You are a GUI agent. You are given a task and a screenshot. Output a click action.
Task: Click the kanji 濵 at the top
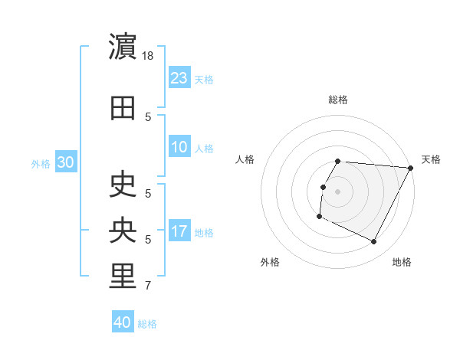tap(123, 47)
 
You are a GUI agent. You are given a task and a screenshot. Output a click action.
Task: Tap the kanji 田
tap(123, 108)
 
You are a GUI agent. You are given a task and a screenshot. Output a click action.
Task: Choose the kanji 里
tap(123, 277)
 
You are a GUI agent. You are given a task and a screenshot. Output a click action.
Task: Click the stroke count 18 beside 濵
tap(149, 57)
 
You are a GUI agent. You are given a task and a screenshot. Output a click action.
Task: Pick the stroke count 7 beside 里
tap(148, 286)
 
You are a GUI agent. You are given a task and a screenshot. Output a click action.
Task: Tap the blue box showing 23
tap(179, 77)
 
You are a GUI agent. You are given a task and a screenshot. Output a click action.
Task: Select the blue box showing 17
tap(179, 231)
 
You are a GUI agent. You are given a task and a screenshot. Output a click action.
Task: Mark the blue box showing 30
tap(65, 162)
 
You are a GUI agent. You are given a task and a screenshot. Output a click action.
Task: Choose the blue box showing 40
tap(123, 322)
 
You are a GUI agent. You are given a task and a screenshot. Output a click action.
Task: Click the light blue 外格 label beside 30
tap(41, 163)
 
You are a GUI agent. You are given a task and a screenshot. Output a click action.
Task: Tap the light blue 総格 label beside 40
tap(147, 324)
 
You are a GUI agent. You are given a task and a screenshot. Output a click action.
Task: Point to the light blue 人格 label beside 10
tap(204, 148)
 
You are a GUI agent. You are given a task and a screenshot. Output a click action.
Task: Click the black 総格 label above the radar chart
tap(338, 100)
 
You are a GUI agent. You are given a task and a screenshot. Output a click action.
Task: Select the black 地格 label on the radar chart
tap(402, 263)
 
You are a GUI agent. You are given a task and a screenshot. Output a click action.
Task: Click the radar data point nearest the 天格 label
tap(411, 168)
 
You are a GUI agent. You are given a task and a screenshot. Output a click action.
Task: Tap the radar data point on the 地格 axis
tap(374, 242)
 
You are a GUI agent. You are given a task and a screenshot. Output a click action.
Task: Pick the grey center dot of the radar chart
tap(338, 191)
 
